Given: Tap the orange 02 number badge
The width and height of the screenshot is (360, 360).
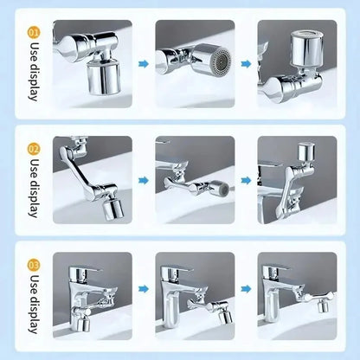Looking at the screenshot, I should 34,148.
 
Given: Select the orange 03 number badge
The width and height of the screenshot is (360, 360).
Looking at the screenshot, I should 34,263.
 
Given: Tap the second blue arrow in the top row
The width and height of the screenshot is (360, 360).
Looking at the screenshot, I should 246,63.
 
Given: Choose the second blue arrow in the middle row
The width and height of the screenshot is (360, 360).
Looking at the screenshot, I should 246,180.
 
